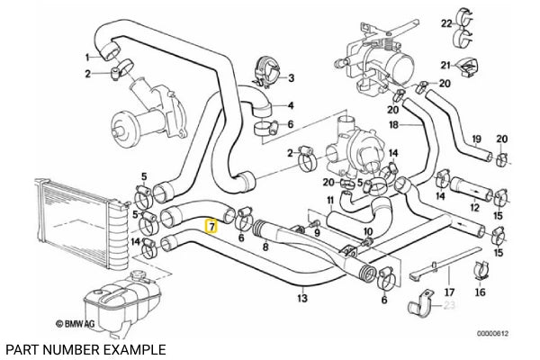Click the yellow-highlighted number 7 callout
(211, 228)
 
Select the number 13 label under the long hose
(303, 301)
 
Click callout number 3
(291, 78)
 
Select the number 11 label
(330, 199)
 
